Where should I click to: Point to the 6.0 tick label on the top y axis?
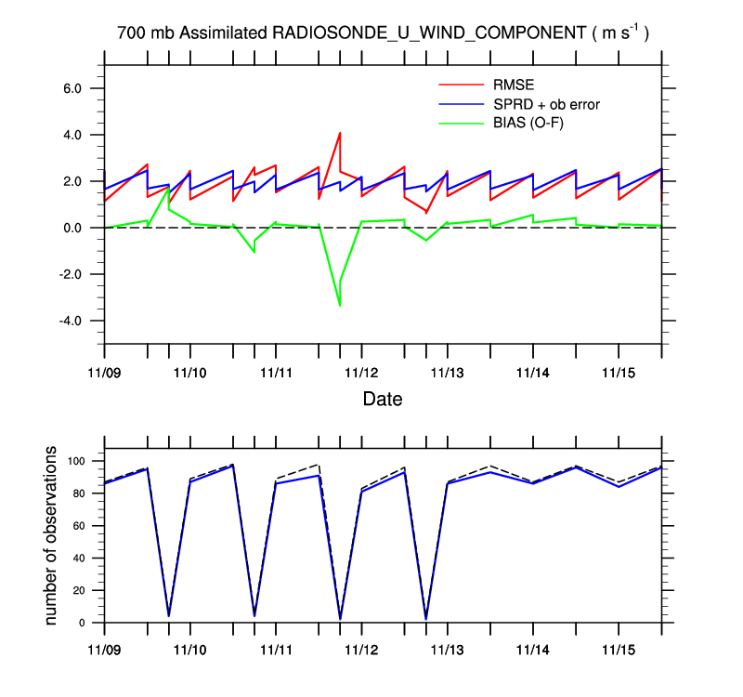tap(81, 88)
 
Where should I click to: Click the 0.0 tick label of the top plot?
tap(81, 228)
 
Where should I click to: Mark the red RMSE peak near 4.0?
tap(340, 133)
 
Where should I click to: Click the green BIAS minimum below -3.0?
tap(340, 305)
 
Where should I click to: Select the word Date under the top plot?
tap(383, 400)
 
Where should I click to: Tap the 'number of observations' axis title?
tap(53, 536)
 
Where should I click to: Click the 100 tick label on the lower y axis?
tap(77, 461)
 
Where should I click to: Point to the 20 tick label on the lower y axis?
tap(81, 591)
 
